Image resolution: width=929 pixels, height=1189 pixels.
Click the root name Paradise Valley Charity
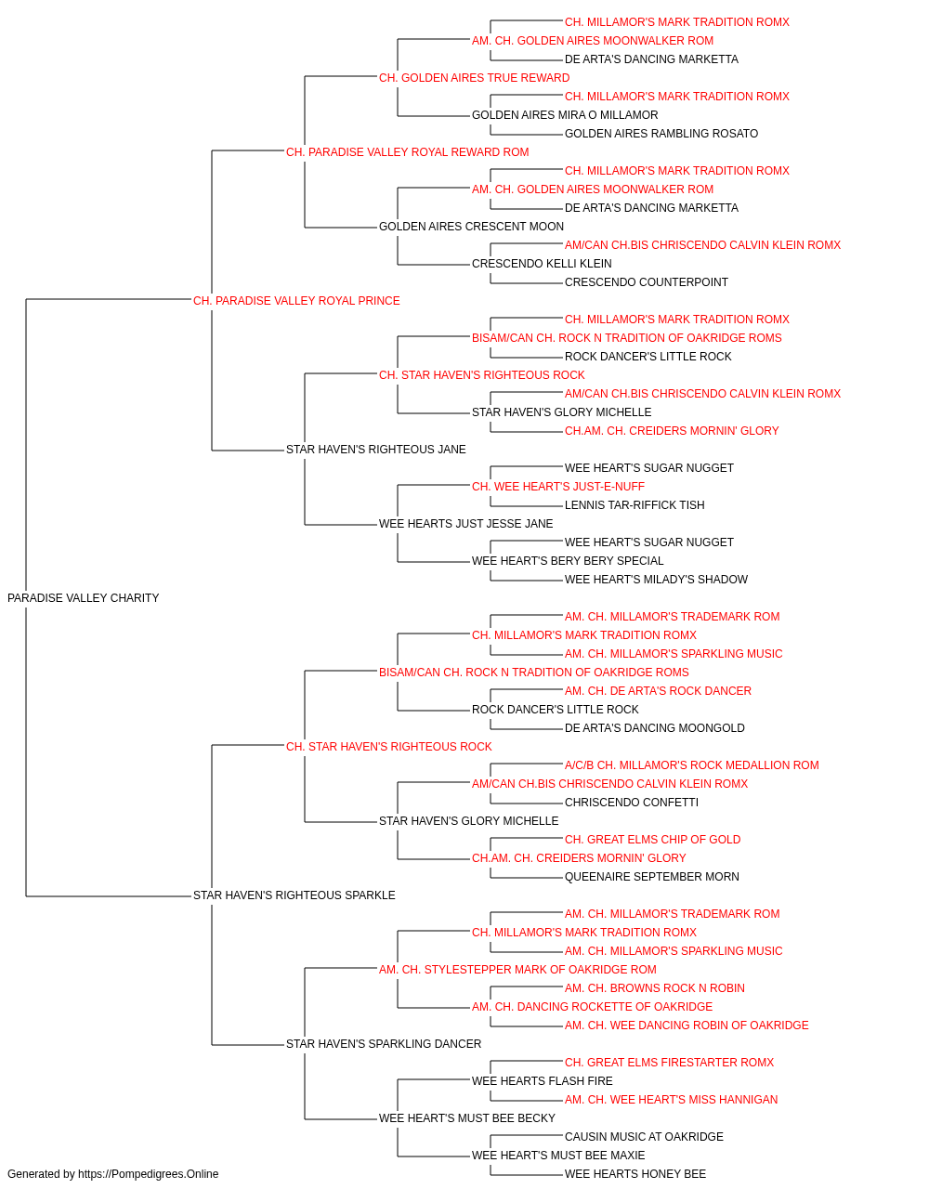pos(84,598)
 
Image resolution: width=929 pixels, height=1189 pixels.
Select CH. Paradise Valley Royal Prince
pos(296,301)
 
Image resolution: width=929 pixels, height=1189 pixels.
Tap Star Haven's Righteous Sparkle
pos(294,895)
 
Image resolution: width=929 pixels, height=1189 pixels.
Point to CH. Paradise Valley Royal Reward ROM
pos(408,152)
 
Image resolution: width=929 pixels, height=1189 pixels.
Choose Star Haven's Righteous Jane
pos(376,450)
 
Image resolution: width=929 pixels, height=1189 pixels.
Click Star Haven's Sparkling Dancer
pos(384,1044)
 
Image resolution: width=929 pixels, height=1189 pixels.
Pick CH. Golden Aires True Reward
pos(475,78)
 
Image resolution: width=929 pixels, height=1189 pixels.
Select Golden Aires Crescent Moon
pos(471,227)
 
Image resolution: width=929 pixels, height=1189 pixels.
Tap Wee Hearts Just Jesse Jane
pos(465,524)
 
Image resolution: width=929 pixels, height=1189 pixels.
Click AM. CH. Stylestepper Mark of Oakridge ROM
pos(517,970)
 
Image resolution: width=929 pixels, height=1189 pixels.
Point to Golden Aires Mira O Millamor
pos(565,115)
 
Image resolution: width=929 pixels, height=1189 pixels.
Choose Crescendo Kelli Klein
pos(542,264)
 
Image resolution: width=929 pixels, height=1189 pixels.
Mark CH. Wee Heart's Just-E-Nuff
pos(558,487)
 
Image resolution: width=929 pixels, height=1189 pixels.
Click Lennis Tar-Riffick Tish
pos(635,505)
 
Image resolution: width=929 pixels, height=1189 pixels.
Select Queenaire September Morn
pos(651,877)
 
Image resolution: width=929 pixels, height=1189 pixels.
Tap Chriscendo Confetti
pos(632,803)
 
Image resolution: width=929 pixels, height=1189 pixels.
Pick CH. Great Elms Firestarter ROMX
pos(669,1063)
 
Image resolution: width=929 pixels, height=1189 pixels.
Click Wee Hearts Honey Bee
pos(635,1174)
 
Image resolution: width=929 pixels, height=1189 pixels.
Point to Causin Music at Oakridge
pos(644,1136)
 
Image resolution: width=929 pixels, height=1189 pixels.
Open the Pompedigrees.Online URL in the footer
pos(149,1174)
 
